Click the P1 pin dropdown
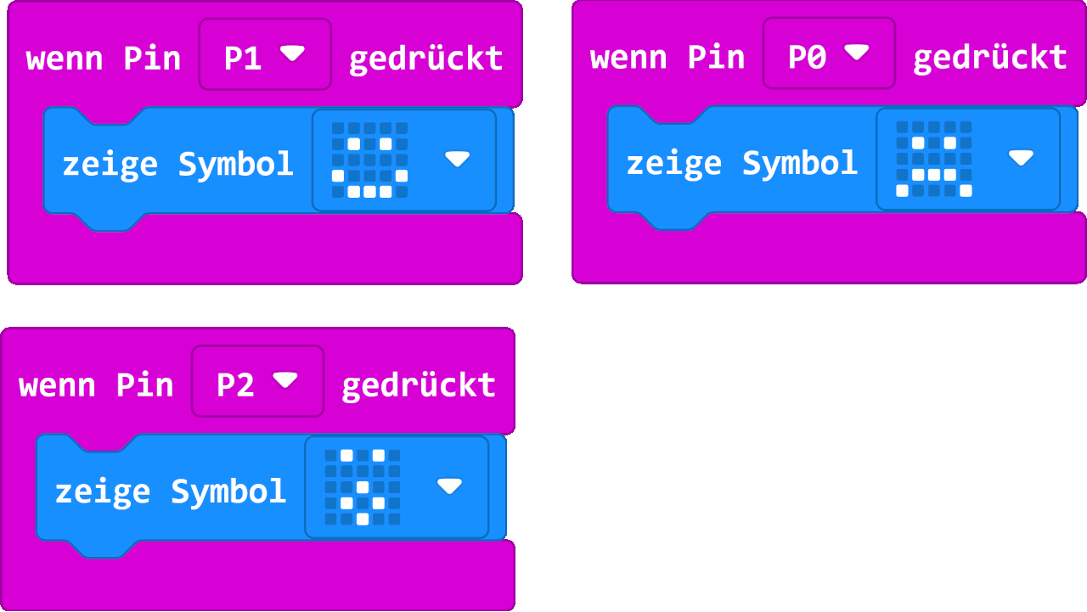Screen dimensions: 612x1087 tap(264, 55)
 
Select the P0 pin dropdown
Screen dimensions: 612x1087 tap(828, 54)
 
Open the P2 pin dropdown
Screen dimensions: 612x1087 tap(256, 382)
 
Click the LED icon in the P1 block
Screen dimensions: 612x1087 tap(369, 160)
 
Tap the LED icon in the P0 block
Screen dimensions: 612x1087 tap(933, 159)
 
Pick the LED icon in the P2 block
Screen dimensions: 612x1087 tap(362, 487)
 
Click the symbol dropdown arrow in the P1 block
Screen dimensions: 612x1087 tap(457, 159)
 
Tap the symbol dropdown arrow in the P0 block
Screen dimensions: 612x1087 tap(1021, 158)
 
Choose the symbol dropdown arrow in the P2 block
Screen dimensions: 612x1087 tap(449, 486)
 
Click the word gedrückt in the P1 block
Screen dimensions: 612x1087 tap(425, 58)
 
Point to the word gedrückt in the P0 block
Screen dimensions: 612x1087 tap(989, 57)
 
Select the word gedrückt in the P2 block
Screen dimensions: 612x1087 tap(418, 385)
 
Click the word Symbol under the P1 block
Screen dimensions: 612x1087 tap(235, 164)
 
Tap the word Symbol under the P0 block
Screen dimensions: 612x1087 tap(799, 163)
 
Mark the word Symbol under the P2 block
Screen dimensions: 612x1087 tap(228, 491)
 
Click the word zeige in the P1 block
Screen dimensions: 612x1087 tap(110, 164)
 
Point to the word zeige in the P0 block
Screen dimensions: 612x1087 tap(673, 163)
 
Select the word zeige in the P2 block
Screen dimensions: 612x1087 tap(102, 491)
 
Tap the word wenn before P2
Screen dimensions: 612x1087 tap(58, 385)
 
